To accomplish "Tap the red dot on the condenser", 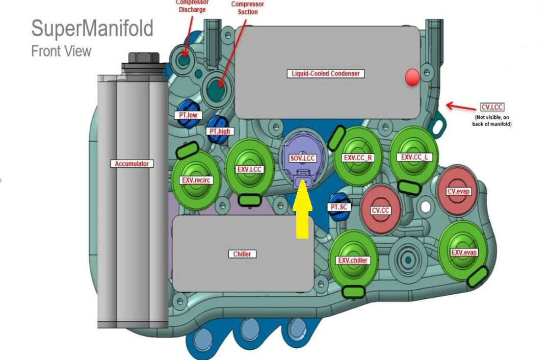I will [412, 78].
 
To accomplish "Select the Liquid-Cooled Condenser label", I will [325, 73].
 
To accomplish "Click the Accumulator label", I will [132, 164].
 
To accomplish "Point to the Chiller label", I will [242, 254].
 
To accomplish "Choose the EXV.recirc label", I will [196, 180].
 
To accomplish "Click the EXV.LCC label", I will [249, 169].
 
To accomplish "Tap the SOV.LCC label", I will [303, 159].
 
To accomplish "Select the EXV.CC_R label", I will [358, 158].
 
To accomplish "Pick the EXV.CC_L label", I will [415, 157].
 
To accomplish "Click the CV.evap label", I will [458, 192].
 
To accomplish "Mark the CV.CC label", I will [380, 210].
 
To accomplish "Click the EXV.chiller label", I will [352, 261].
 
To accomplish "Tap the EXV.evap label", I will [464, 252].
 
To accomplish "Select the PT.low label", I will [187, 115].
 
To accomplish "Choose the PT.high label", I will [220, 131].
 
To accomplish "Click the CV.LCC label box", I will [492, 108].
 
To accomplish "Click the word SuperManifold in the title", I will [92, 29].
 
